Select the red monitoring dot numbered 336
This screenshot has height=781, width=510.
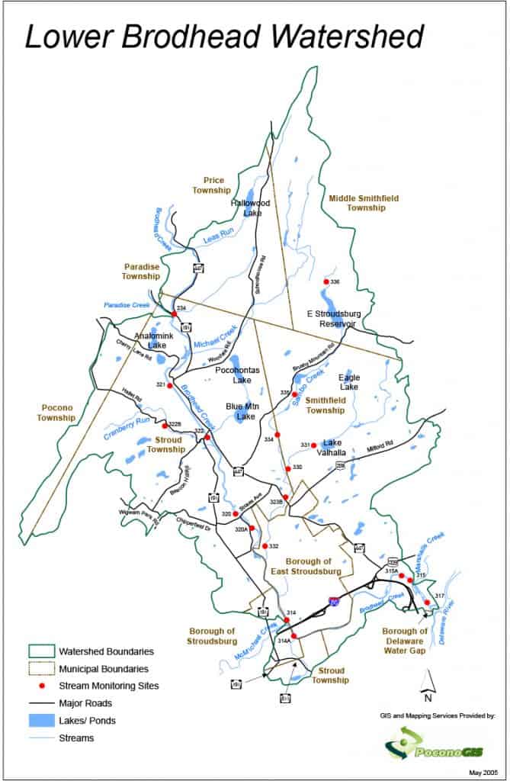[326, 281]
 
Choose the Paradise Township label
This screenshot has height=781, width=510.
[141, 272]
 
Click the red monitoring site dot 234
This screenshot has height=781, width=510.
[174, 314]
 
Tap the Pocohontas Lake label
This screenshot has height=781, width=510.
[242, 374]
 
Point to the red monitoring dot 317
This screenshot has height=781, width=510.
[427, 603]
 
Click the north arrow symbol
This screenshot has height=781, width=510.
[428, 683]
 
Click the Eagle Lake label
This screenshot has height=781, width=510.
[349, 382]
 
